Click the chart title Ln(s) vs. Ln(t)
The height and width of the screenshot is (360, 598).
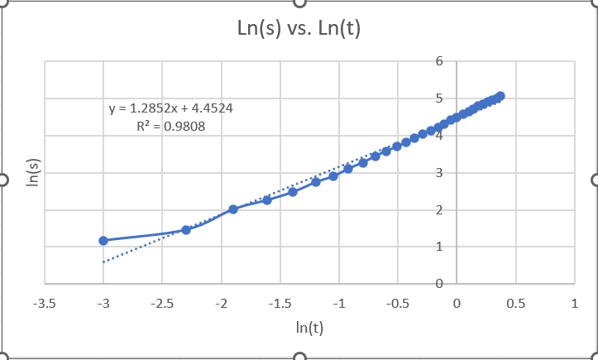(x=299, y=29)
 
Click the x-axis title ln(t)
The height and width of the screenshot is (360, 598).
(x=309, y=327)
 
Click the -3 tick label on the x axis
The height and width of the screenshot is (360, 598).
(x=103, y=303)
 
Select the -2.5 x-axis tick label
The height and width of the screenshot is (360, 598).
(x=162, y=303)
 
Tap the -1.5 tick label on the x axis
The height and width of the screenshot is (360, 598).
(x=280, y=303)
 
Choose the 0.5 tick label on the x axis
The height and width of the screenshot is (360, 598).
(x=516, y=303)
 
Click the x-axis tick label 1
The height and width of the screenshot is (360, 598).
(x=575, y=303)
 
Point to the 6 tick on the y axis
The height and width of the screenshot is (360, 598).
(x=440, y=61)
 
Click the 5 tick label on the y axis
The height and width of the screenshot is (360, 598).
(x=440, y=98)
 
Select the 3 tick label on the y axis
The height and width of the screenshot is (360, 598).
(x=440, y=173)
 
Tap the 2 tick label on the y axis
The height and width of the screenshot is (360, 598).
(x=440, y=210)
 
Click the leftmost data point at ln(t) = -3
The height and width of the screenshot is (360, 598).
(x=103, y=241)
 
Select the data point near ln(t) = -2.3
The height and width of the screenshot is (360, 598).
(x=186, y=230)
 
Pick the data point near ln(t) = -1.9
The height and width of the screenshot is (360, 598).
(x=233, y=209)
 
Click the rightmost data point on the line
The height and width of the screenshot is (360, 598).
(x=500, y=96)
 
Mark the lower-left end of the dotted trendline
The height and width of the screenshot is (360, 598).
(x=104, y=262)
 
